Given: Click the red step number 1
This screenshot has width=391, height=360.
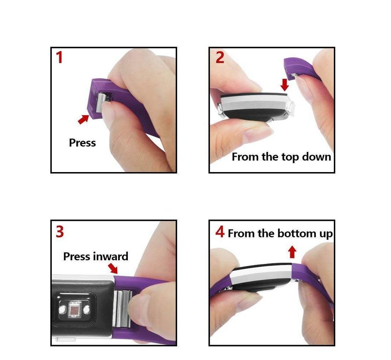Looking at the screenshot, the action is [59, 57].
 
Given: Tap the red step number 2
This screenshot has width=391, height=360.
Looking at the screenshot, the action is [220, 57].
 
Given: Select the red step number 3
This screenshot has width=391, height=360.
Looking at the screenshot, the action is [60, 231].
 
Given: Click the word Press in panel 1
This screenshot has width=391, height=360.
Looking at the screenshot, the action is [82, 143].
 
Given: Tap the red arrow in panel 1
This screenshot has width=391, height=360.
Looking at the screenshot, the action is [83, 119].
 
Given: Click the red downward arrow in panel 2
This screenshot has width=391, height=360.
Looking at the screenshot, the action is [285, 85].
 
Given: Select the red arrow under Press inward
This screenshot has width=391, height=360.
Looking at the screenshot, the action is [113, 268].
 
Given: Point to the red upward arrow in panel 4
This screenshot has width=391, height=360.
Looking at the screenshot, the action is [292, 252].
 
